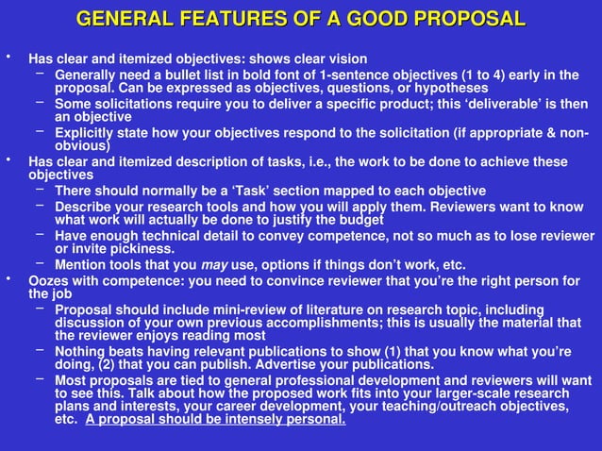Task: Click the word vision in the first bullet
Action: coord(346,58)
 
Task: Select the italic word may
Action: coord(214,265)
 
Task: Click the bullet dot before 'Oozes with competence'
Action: coord(8,278)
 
